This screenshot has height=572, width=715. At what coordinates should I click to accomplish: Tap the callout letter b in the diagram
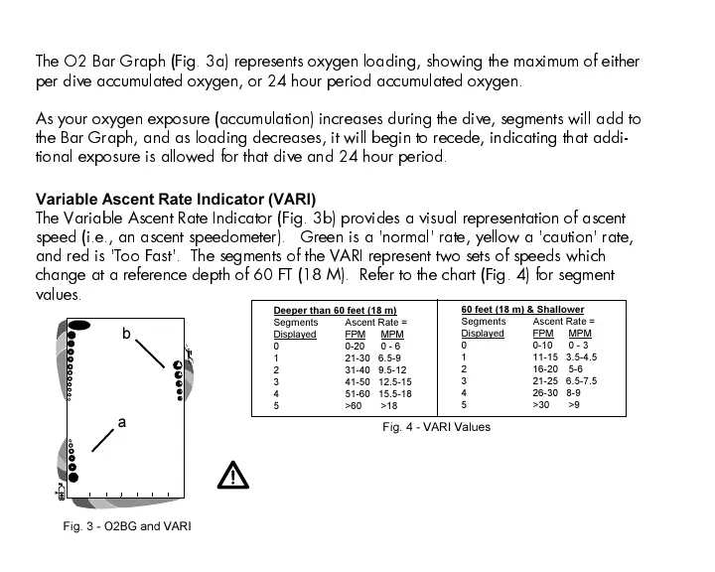[x=126, y=336]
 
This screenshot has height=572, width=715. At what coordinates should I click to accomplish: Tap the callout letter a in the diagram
[x=122, y=423]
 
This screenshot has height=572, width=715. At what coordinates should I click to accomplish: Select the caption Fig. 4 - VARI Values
[x=436, y=427]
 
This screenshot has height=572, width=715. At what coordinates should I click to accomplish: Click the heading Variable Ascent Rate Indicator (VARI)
[x=175, y=200]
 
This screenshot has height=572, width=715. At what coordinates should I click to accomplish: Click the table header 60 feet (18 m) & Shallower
[x=522, y=310]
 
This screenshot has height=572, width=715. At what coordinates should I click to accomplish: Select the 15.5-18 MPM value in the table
[x=395, y=393]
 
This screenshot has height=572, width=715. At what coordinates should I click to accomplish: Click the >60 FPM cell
[x=353, y=405]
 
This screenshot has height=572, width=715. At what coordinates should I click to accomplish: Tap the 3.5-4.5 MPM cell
[x=581, y=357]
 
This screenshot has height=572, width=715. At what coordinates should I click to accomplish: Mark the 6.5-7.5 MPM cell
[x=581, y=380]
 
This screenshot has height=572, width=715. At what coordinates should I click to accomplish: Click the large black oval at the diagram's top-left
[x=79, y=324]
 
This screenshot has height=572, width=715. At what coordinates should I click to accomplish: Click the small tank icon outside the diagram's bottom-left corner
[x=62, y=492]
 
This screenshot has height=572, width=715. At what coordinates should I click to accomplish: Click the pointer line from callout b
[x=151, y=355]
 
